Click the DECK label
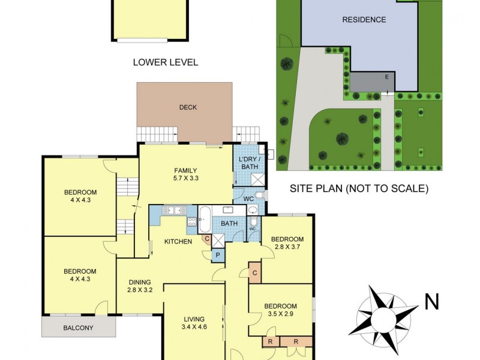coord(188,107)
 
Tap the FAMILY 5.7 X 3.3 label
coord(185,175)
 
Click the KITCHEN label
coord(179,242)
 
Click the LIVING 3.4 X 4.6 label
coord(194,323)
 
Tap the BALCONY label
coord(78,328)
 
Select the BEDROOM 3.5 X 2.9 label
coord(280,310)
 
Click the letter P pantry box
coord(217,255)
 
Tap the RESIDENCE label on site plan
coord(364,20)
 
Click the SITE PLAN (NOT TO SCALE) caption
coord(359,188)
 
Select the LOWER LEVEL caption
coord(166,62)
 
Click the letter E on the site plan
coord(386,77)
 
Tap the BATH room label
coord(230,224)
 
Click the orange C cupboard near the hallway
coord(255,273)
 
